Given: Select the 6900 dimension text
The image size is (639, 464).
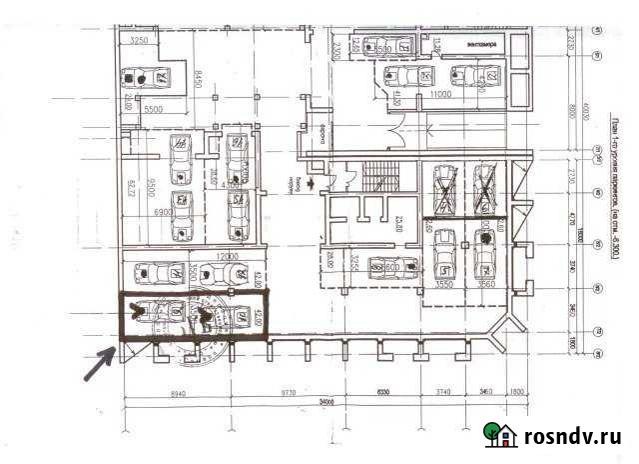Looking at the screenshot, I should click(x=165, y=213).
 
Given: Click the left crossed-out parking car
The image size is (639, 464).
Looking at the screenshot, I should click(x=444, y=189).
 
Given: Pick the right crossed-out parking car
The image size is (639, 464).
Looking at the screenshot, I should click(x=485, y=189).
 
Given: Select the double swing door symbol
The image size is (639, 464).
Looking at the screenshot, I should click(x=396, y=129).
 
